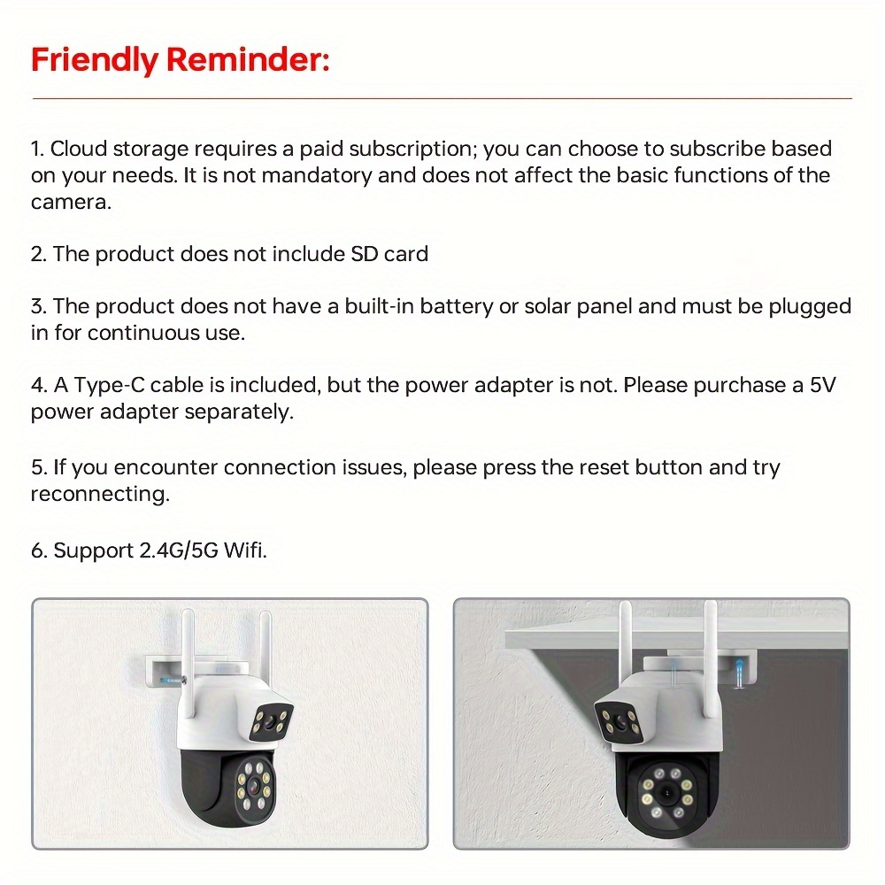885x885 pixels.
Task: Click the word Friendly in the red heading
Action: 95,60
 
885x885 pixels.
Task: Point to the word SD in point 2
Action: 364,254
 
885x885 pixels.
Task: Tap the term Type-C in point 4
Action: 109,386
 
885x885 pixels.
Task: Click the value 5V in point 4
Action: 822,386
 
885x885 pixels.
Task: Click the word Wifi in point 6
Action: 244,550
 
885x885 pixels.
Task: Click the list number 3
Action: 38,306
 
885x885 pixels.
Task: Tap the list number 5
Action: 38,468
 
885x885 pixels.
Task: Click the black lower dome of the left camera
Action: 229,788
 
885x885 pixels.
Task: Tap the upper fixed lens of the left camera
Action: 271,720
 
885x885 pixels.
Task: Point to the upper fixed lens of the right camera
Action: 620,720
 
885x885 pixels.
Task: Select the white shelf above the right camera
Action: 676,638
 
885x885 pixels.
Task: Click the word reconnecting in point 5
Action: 100,495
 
